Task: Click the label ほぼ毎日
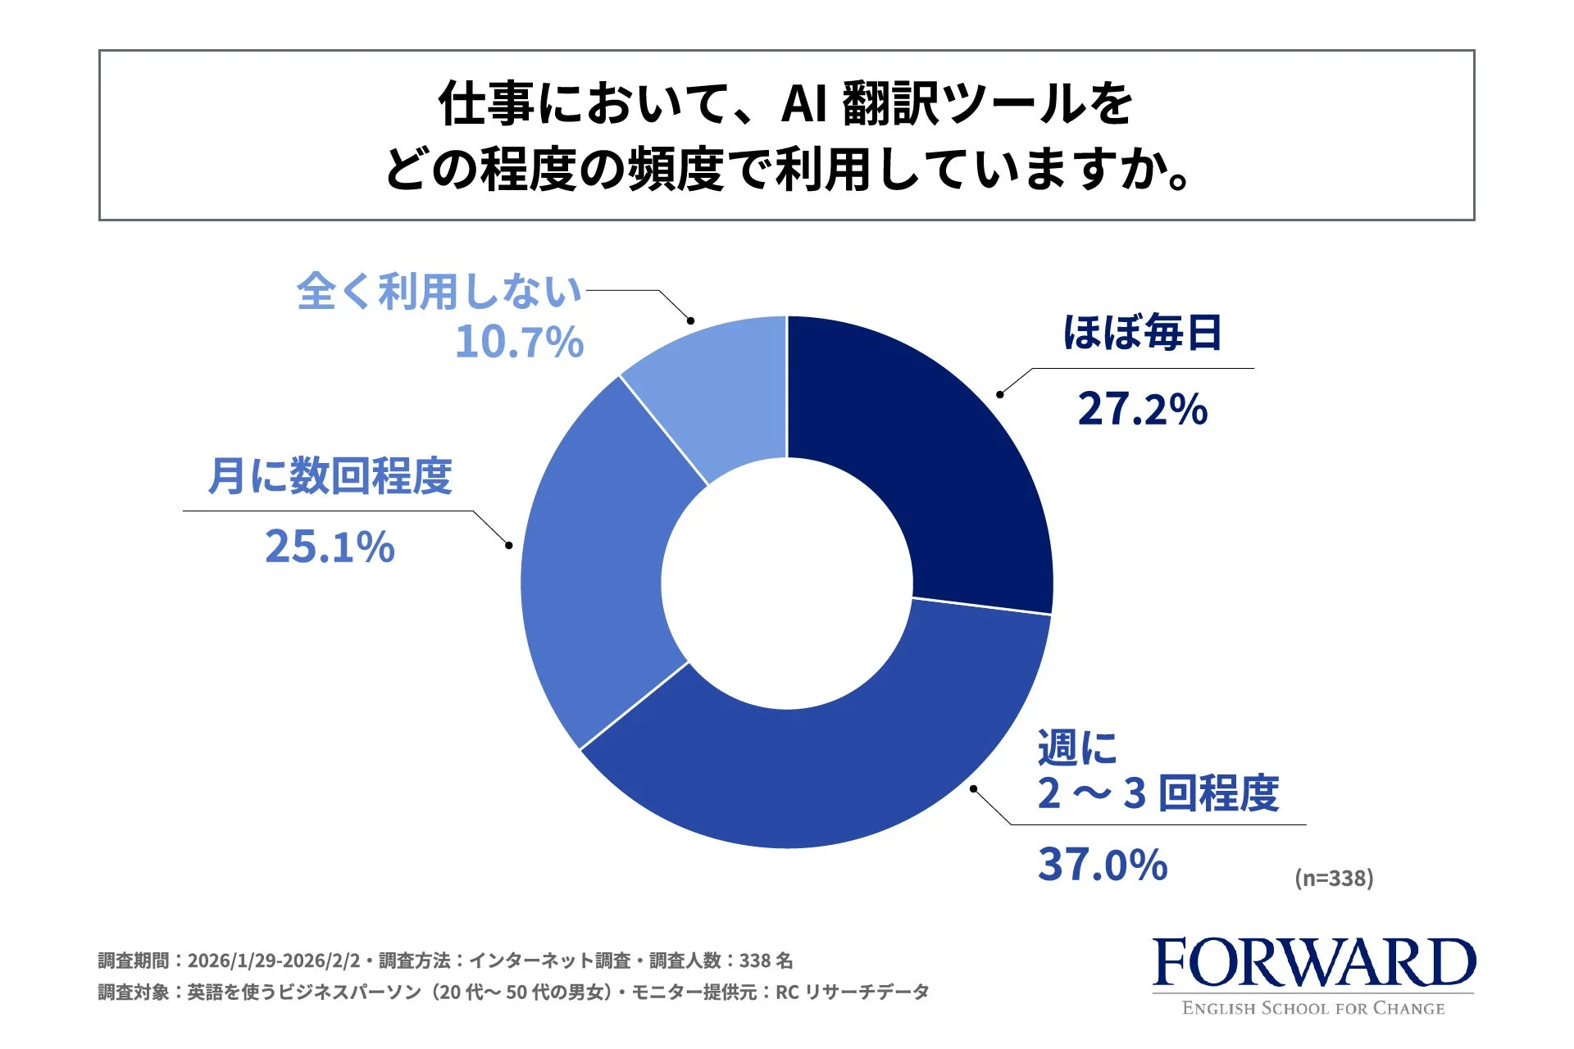tap(1142, 334)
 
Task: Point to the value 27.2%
tap(1142, 409)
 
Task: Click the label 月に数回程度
tap(330, 476)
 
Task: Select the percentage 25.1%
tap(330, 547)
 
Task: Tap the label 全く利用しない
tap(439, 292)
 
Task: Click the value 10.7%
tap(519, 343)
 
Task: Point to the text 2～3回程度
tap(1158, 793)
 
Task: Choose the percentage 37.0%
tap(1103, 865)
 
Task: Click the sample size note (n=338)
tap(1334, 879)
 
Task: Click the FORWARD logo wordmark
tap(1313, 963)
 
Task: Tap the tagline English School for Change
tap(1313, 1009)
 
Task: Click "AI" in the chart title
tap(803, 104)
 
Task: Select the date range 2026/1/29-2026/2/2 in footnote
tap(274, 960)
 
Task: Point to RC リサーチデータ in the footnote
tap(852, 992)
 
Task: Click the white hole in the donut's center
tap(787, 583)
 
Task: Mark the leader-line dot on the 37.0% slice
tap(973, 788)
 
